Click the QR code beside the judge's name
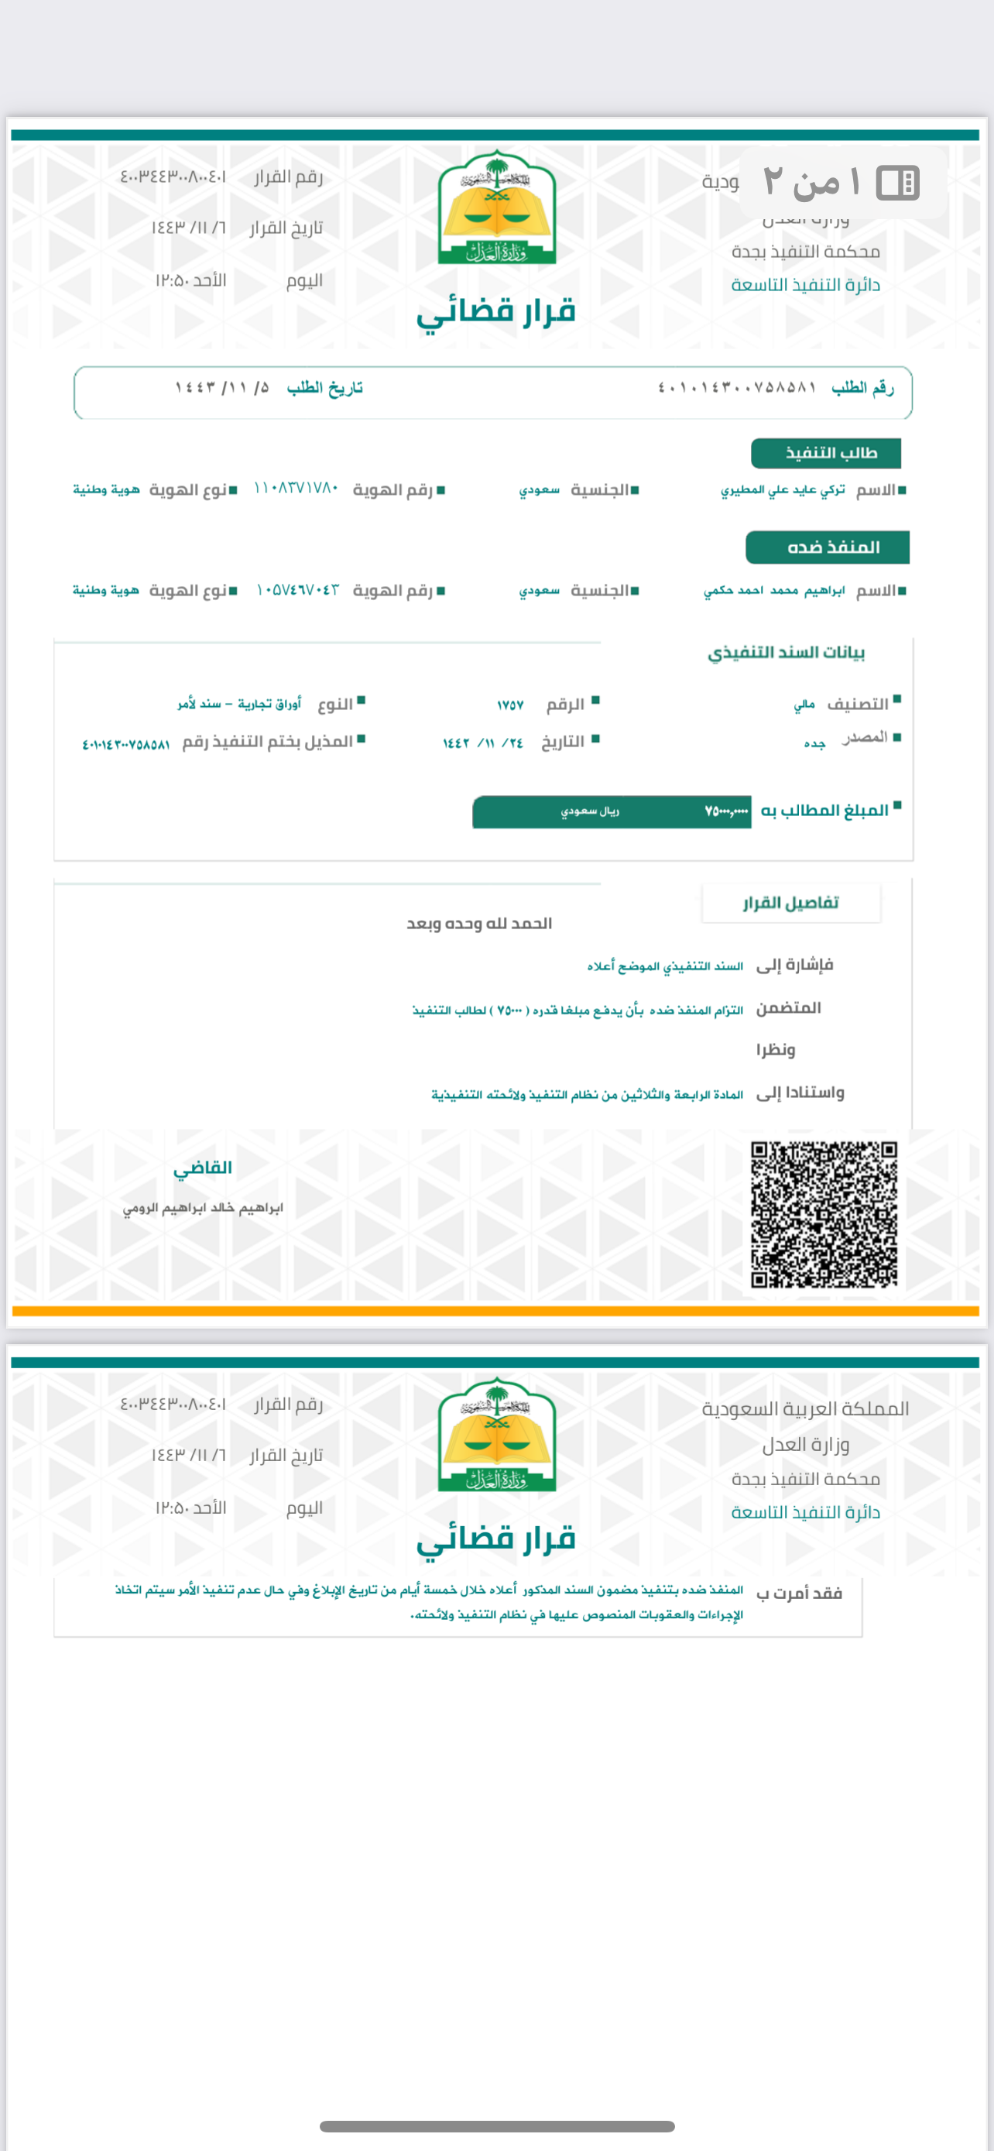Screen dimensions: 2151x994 pos(824,1214)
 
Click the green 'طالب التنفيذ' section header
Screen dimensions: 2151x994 pos(825,454)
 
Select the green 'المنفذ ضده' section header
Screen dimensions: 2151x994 pos(827,547)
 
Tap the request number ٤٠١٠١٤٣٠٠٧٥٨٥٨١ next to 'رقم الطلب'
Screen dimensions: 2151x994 pos(737,387)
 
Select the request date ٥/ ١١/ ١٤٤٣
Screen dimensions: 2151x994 pos(222,387)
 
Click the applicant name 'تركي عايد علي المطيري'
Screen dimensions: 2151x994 pos(782,490)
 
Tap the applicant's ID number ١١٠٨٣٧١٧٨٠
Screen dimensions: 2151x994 pos(296,489)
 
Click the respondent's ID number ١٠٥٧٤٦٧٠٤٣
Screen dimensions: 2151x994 pos(297,590)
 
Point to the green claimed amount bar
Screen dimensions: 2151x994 pos(611,811)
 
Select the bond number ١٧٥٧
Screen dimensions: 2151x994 pos(510,705)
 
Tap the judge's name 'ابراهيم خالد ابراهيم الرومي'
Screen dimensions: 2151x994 pos(203,1208)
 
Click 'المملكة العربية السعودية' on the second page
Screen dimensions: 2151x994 pos(805,1409)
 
